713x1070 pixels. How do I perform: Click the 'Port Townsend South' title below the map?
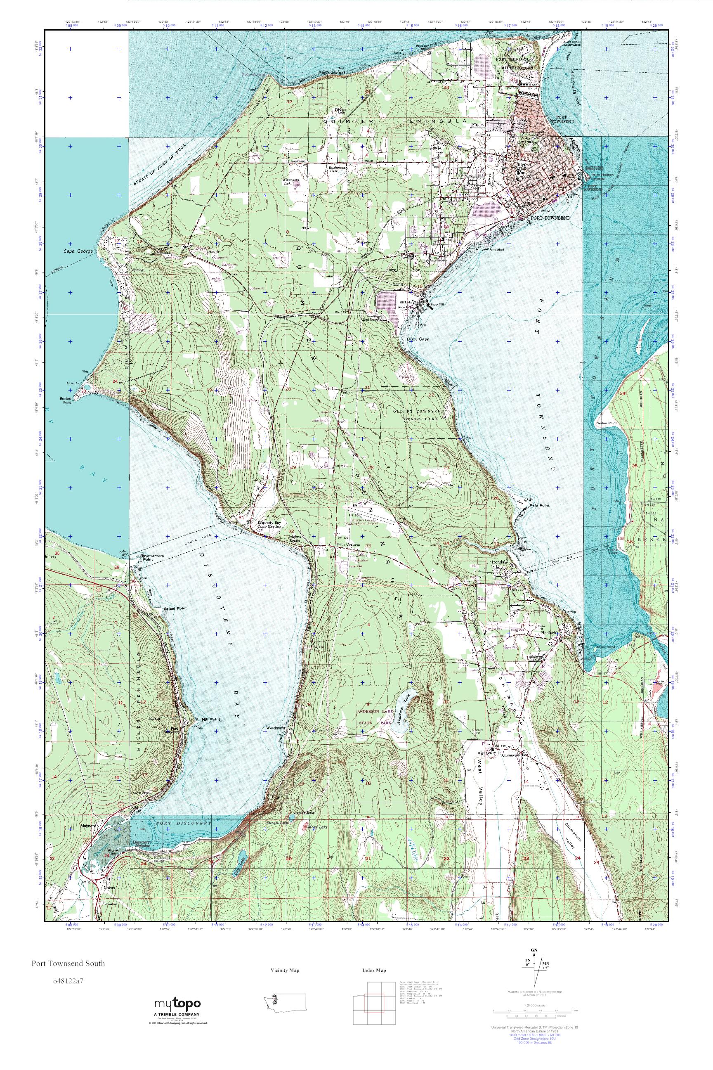pyautogui.click(x=68, y=963)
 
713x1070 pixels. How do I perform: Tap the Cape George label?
pyautogui.click(x=78, y=251)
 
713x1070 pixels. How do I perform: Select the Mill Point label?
pyautogui.click(x=210, y=719)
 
